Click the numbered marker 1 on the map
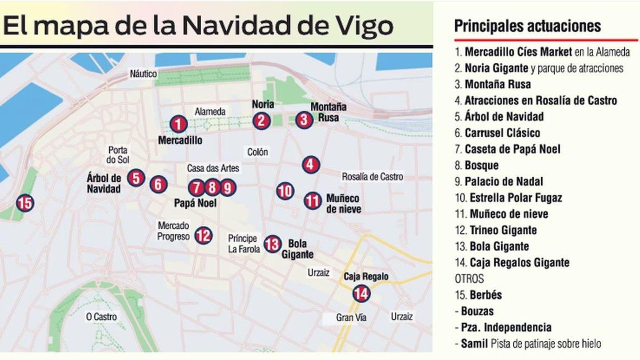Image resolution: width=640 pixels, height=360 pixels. (178, 124)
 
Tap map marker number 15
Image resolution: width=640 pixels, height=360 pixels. (25, 203)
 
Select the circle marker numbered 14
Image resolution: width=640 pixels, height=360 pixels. (361, 294)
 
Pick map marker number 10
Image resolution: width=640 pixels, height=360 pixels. (285, 191)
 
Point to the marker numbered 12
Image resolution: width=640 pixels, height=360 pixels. (203, 235)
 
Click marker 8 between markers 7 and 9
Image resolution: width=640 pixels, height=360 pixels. (212, 187)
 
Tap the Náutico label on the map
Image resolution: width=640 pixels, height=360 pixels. (143, 74)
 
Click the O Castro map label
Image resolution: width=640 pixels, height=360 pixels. (101, 317)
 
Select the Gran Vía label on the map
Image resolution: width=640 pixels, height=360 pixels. (351, 318)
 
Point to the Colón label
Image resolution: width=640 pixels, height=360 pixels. (257, 152)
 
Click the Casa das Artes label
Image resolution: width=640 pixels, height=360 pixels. (213, 168)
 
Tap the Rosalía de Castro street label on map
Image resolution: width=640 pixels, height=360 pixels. (372, 176)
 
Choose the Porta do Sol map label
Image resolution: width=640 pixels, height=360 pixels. (118, 155)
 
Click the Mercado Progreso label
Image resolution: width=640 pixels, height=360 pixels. (173, 231)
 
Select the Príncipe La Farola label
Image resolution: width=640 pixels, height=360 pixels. (244, 244)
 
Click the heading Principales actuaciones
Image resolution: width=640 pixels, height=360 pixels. (527, 26)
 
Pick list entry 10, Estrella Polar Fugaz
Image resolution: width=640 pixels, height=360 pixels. (508, 198)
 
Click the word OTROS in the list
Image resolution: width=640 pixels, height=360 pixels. (469, 278)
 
